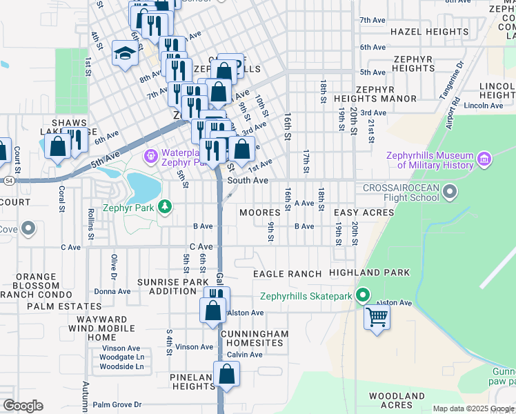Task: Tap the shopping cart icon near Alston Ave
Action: [x=377, y=318]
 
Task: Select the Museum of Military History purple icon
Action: [x=484, y=160]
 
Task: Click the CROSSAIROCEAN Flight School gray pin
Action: [x=450, y=190]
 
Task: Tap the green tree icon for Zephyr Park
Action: [x=165, y=206]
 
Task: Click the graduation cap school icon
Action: [x=124, y=54]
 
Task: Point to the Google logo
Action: [x=23, y=406]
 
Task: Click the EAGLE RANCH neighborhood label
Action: [x=287, y=274]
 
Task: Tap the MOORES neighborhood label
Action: [x=259, y=213]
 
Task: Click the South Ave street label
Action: [x=248, y=180]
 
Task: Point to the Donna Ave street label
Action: [x=112, y=292]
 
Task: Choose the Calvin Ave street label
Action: [x=245, y=355]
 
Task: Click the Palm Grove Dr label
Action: [x=117, y=404]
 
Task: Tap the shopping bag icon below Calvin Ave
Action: [x=226, y=375]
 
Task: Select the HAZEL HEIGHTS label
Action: [x=429, y=32]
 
